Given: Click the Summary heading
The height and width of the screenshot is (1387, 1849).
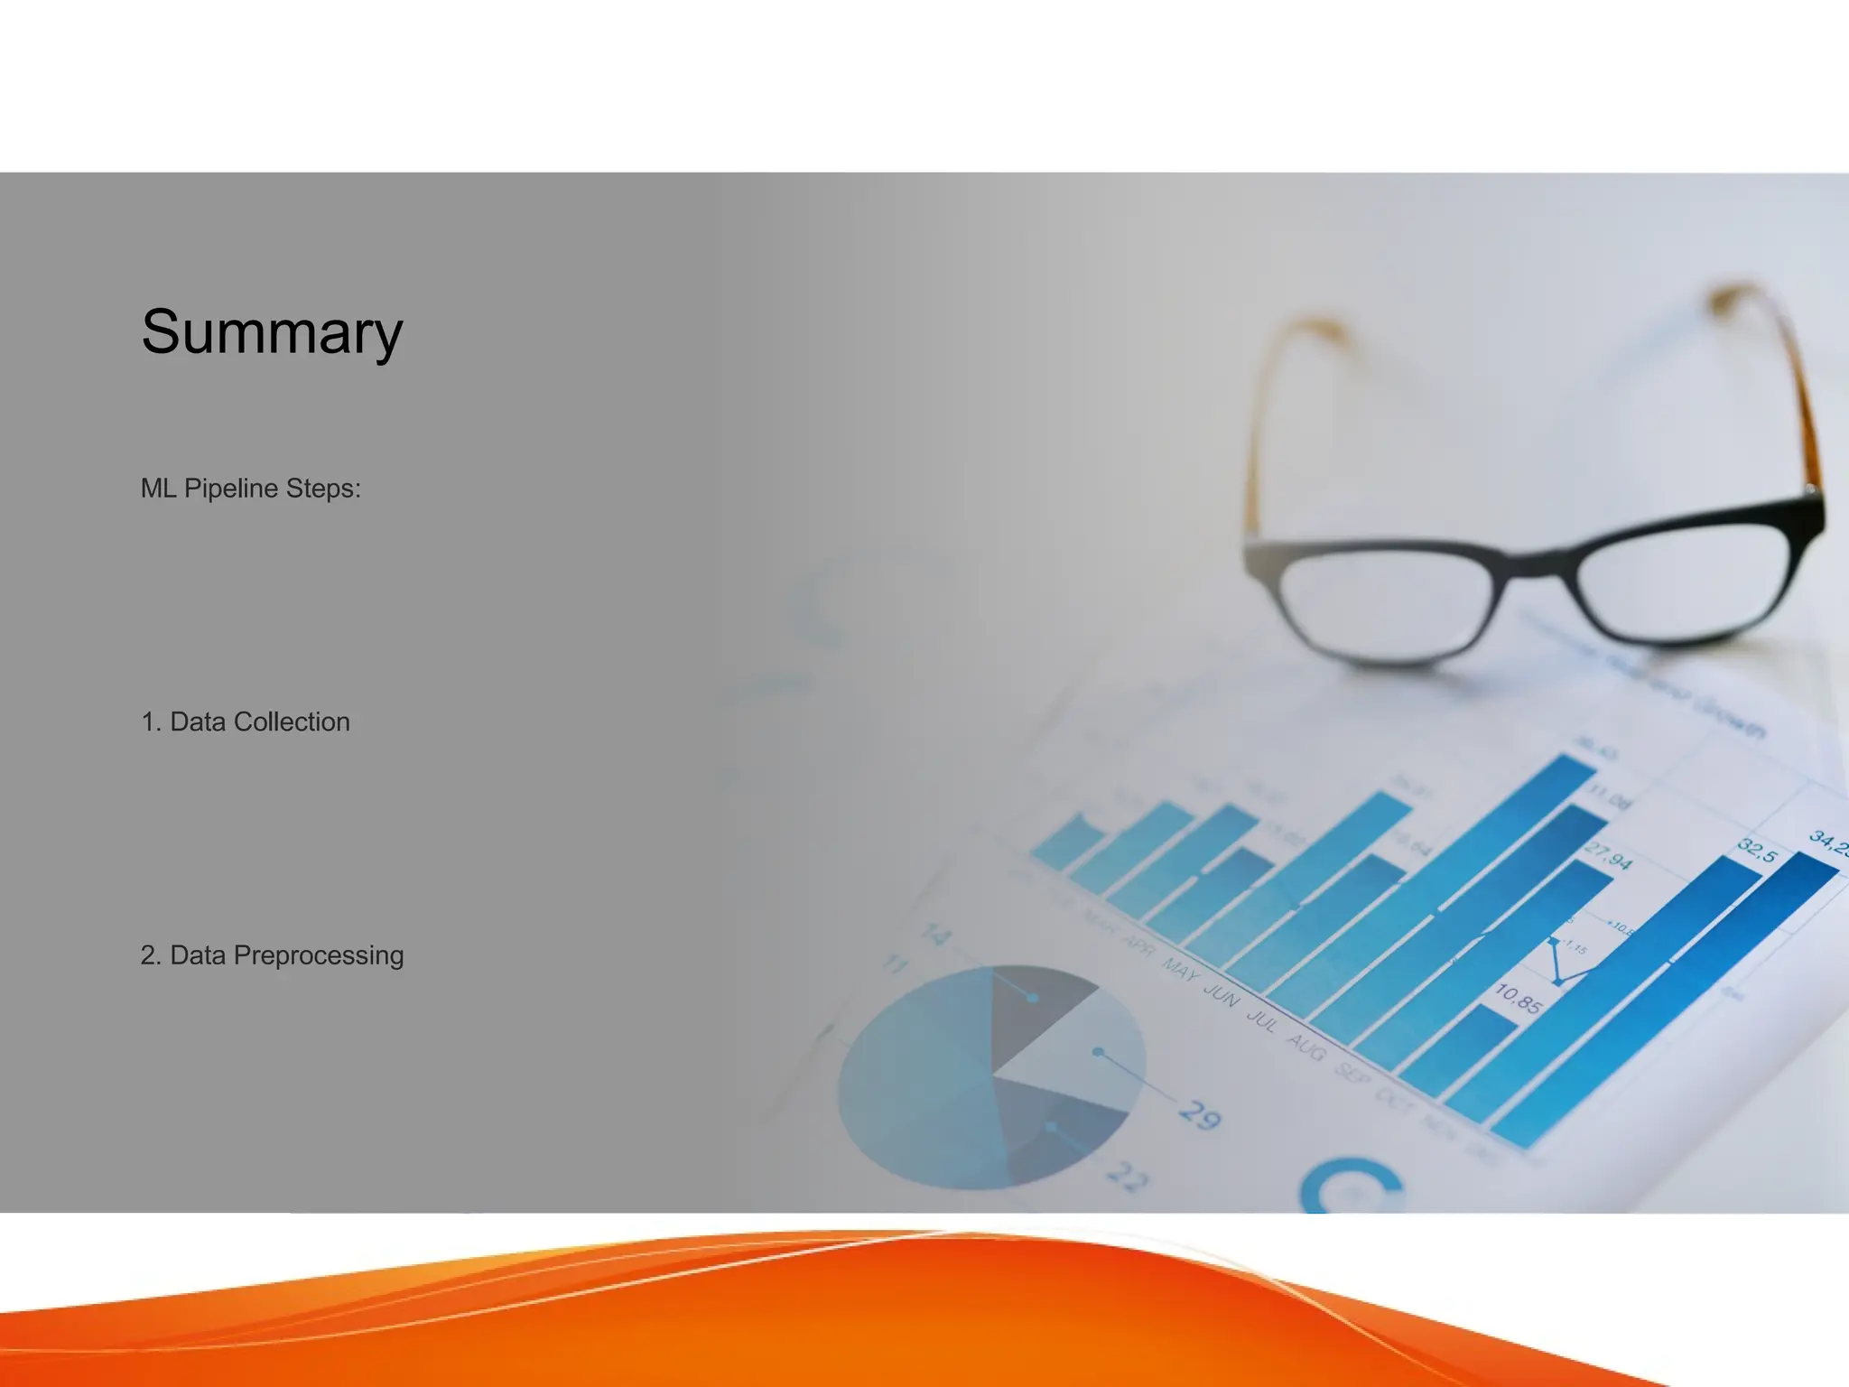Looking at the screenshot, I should pyautogui.click(x=271, y=332).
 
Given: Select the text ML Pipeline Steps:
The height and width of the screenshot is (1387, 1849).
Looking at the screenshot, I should pyautogui.click(x=250, y=489).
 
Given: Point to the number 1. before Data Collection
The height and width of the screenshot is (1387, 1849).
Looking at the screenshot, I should pyautogui.click(x=151, y=722).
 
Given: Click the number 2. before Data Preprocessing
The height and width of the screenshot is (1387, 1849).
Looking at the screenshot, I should pyautogui.click(x=151, y=955).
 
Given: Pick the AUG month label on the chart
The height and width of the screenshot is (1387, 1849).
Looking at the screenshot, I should pyautogui.click(x=1305, y=1047).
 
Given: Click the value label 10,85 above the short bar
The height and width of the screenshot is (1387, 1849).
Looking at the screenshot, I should pyautogui.click(x=1518, y=999).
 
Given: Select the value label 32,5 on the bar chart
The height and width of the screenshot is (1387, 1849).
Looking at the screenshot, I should pyautogui.click(x=1757, y=850).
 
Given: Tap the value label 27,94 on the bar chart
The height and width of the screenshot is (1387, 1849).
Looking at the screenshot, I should pyautogui.click(x=1608, y=856).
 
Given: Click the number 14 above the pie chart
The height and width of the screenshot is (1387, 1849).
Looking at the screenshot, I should pyautogui.click(x=935, y=934).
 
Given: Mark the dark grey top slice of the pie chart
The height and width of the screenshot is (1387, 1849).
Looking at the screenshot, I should pyautogui.click(x=1029, y=1011).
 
